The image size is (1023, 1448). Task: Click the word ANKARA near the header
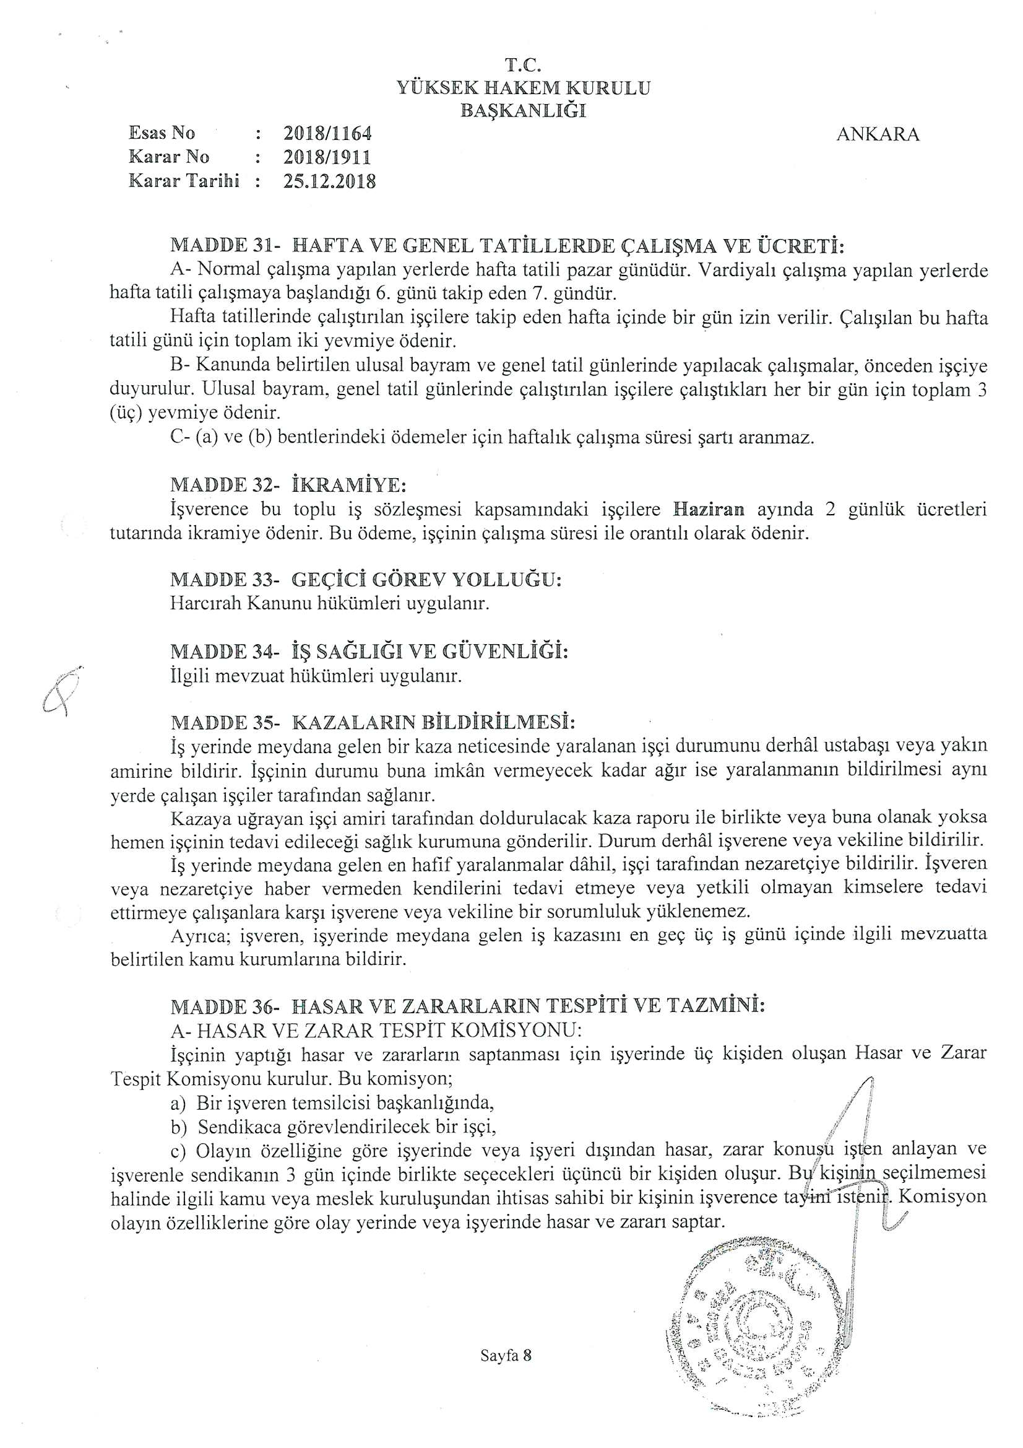[x=878, y=134]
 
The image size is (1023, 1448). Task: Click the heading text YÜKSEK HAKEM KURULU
[x=523, y=88]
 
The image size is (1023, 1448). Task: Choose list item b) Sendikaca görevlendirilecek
[x=334, y=1126]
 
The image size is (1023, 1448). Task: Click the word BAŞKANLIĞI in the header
[x=523, y=111]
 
